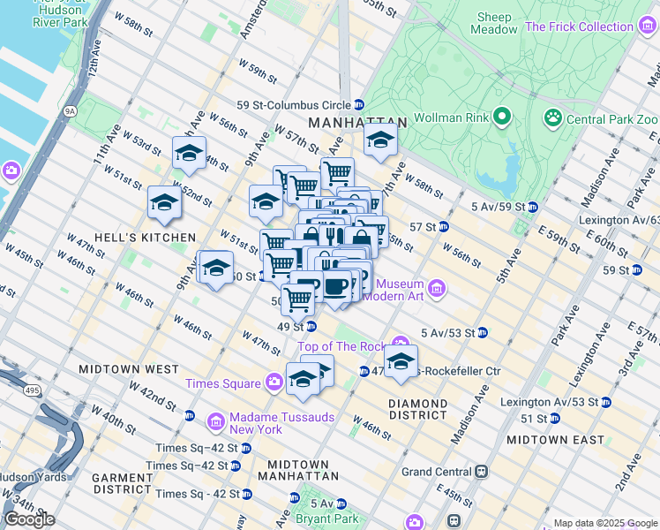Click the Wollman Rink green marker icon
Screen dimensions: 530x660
coord(502,117)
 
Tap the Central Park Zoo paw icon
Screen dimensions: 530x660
coord(553,117)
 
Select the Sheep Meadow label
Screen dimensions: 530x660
coord(494,23)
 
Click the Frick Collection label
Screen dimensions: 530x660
coord(579,26)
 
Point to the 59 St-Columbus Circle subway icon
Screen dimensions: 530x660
coord(359,104)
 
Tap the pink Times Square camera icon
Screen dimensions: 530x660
coord(275,382)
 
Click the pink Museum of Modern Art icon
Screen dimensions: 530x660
coord(436,288)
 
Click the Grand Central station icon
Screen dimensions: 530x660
coord(482,472)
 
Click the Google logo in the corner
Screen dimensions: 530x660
coord(29,519)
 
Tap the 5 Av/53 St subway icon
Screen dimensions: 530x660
coord(483,333)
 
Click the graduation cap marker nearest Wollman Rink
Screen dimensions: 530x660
coord(380,139)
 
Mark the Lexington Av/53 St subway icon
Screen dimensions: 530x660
coord(605,402)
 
